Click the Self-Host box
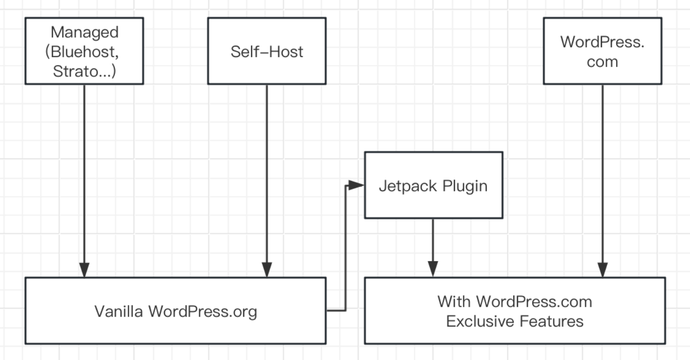coord(267,51)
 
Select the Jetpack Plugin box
coord(433,185)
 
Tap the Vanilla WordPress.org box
coord(175,311)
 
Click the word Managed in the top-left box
coord(84,33)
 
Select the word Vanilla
coord(119,311)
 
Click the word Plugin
coord(465,187)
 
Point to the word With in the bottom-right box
coord(454,302)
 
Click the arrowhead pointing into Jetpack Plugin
coord(357,185)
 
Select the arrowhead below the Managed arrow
coord(84,270)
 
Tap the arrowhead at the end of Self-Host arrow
coord(267,270)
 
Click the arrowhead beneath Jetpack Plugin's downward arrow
coord(433,270)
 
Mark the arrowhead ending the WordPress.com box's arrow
coord(602,270)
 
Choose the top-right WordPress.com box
coord(602,51)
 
